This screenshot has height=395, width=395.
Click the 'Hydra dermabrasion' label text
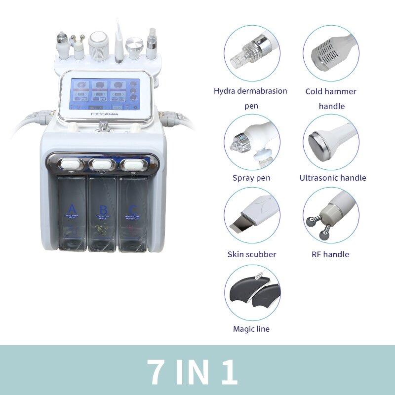tap(250, 91)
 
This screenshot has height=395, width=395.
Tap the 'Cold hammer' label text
tap(331, 91)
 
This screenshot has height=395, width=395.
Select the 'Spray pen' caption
tap(251, 178)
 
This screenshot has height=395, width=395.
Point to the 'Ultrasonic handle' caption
tap(333, 178)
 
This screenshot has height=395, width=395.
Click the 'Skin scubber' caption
tap(252, 254)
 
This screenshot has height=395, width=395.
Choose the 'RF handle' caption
tap(331, 254)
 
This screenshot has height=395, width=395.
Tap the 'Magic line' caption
tap(251, 329)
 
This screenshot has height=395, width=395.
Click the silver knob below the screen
tap(104, 127)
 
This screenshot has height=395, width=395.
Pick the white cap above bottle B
tap(103, 163)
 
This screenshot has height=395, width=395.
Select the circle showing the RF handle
tap(331, 215)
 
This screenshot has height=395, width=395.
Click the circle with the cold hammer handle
tap(331, 53)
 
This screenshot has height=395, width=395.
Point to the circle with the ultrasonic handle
tap(331, 142)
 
